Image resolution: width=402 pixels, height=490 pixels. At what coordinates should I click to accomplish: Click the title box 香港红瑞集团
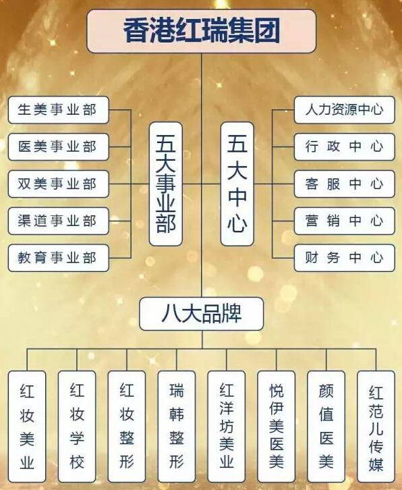[202, 31]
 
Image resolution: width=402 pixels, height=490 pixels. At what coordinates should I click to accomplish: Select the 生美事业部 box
[59, 110]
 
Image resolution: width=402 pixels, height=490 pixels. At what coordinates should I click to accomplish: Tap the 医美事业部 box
[59, 147]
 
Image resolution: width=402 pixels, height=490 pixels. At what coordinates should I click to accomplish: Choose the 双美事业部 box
[59, 184]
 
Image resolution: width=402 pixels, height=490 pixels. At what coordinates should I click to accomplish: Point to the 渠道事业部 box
[59, 221]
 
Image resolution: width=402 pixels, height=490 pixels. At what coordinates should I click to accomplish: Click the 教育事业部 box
[59, 258]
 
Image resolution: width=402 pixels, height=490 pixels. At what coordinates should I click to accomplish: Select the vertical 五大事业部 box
[165, 184]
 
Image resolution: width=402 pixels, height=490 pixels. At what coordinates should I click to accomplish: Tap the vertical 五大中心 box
[237, 184]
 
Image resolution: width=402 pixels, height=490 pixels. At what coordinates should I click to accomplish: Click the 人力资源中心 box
[345, 110]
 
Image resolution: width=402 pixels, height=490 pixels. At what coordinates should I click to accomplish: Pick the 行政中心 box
[345, 147]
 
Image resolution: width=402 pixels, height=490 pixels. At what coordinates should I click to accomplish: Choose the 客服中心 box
[345, 184]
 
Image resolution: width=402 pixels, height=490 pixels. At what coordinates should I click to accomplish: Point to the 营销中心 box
[345, 221]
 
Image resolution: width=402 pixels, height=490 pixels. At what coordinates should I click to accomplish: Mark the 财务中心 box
[345, 258]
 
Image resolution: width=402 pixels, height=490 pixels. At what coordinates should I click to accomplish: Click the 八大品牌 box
[202, 314]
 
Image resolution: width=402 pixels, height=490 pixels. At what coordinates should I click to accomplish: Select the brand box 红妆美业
[27, 427]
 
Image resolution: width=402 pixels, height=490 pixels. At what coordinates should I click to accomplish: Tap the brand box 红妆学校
[77, 427]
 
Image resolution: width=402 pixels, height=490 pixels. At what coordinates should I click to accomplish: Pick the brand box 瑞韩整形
[177, 427]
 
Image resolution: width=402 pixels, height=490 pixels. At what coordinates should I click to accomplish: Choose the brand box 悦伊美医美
[276, 427]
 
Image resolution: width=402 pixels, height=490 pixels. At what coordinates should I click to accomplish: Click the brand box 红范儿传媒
[376, 427]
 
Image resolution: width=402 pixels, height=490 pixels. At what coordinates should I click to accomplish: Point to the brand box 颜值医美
[326, 427]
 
